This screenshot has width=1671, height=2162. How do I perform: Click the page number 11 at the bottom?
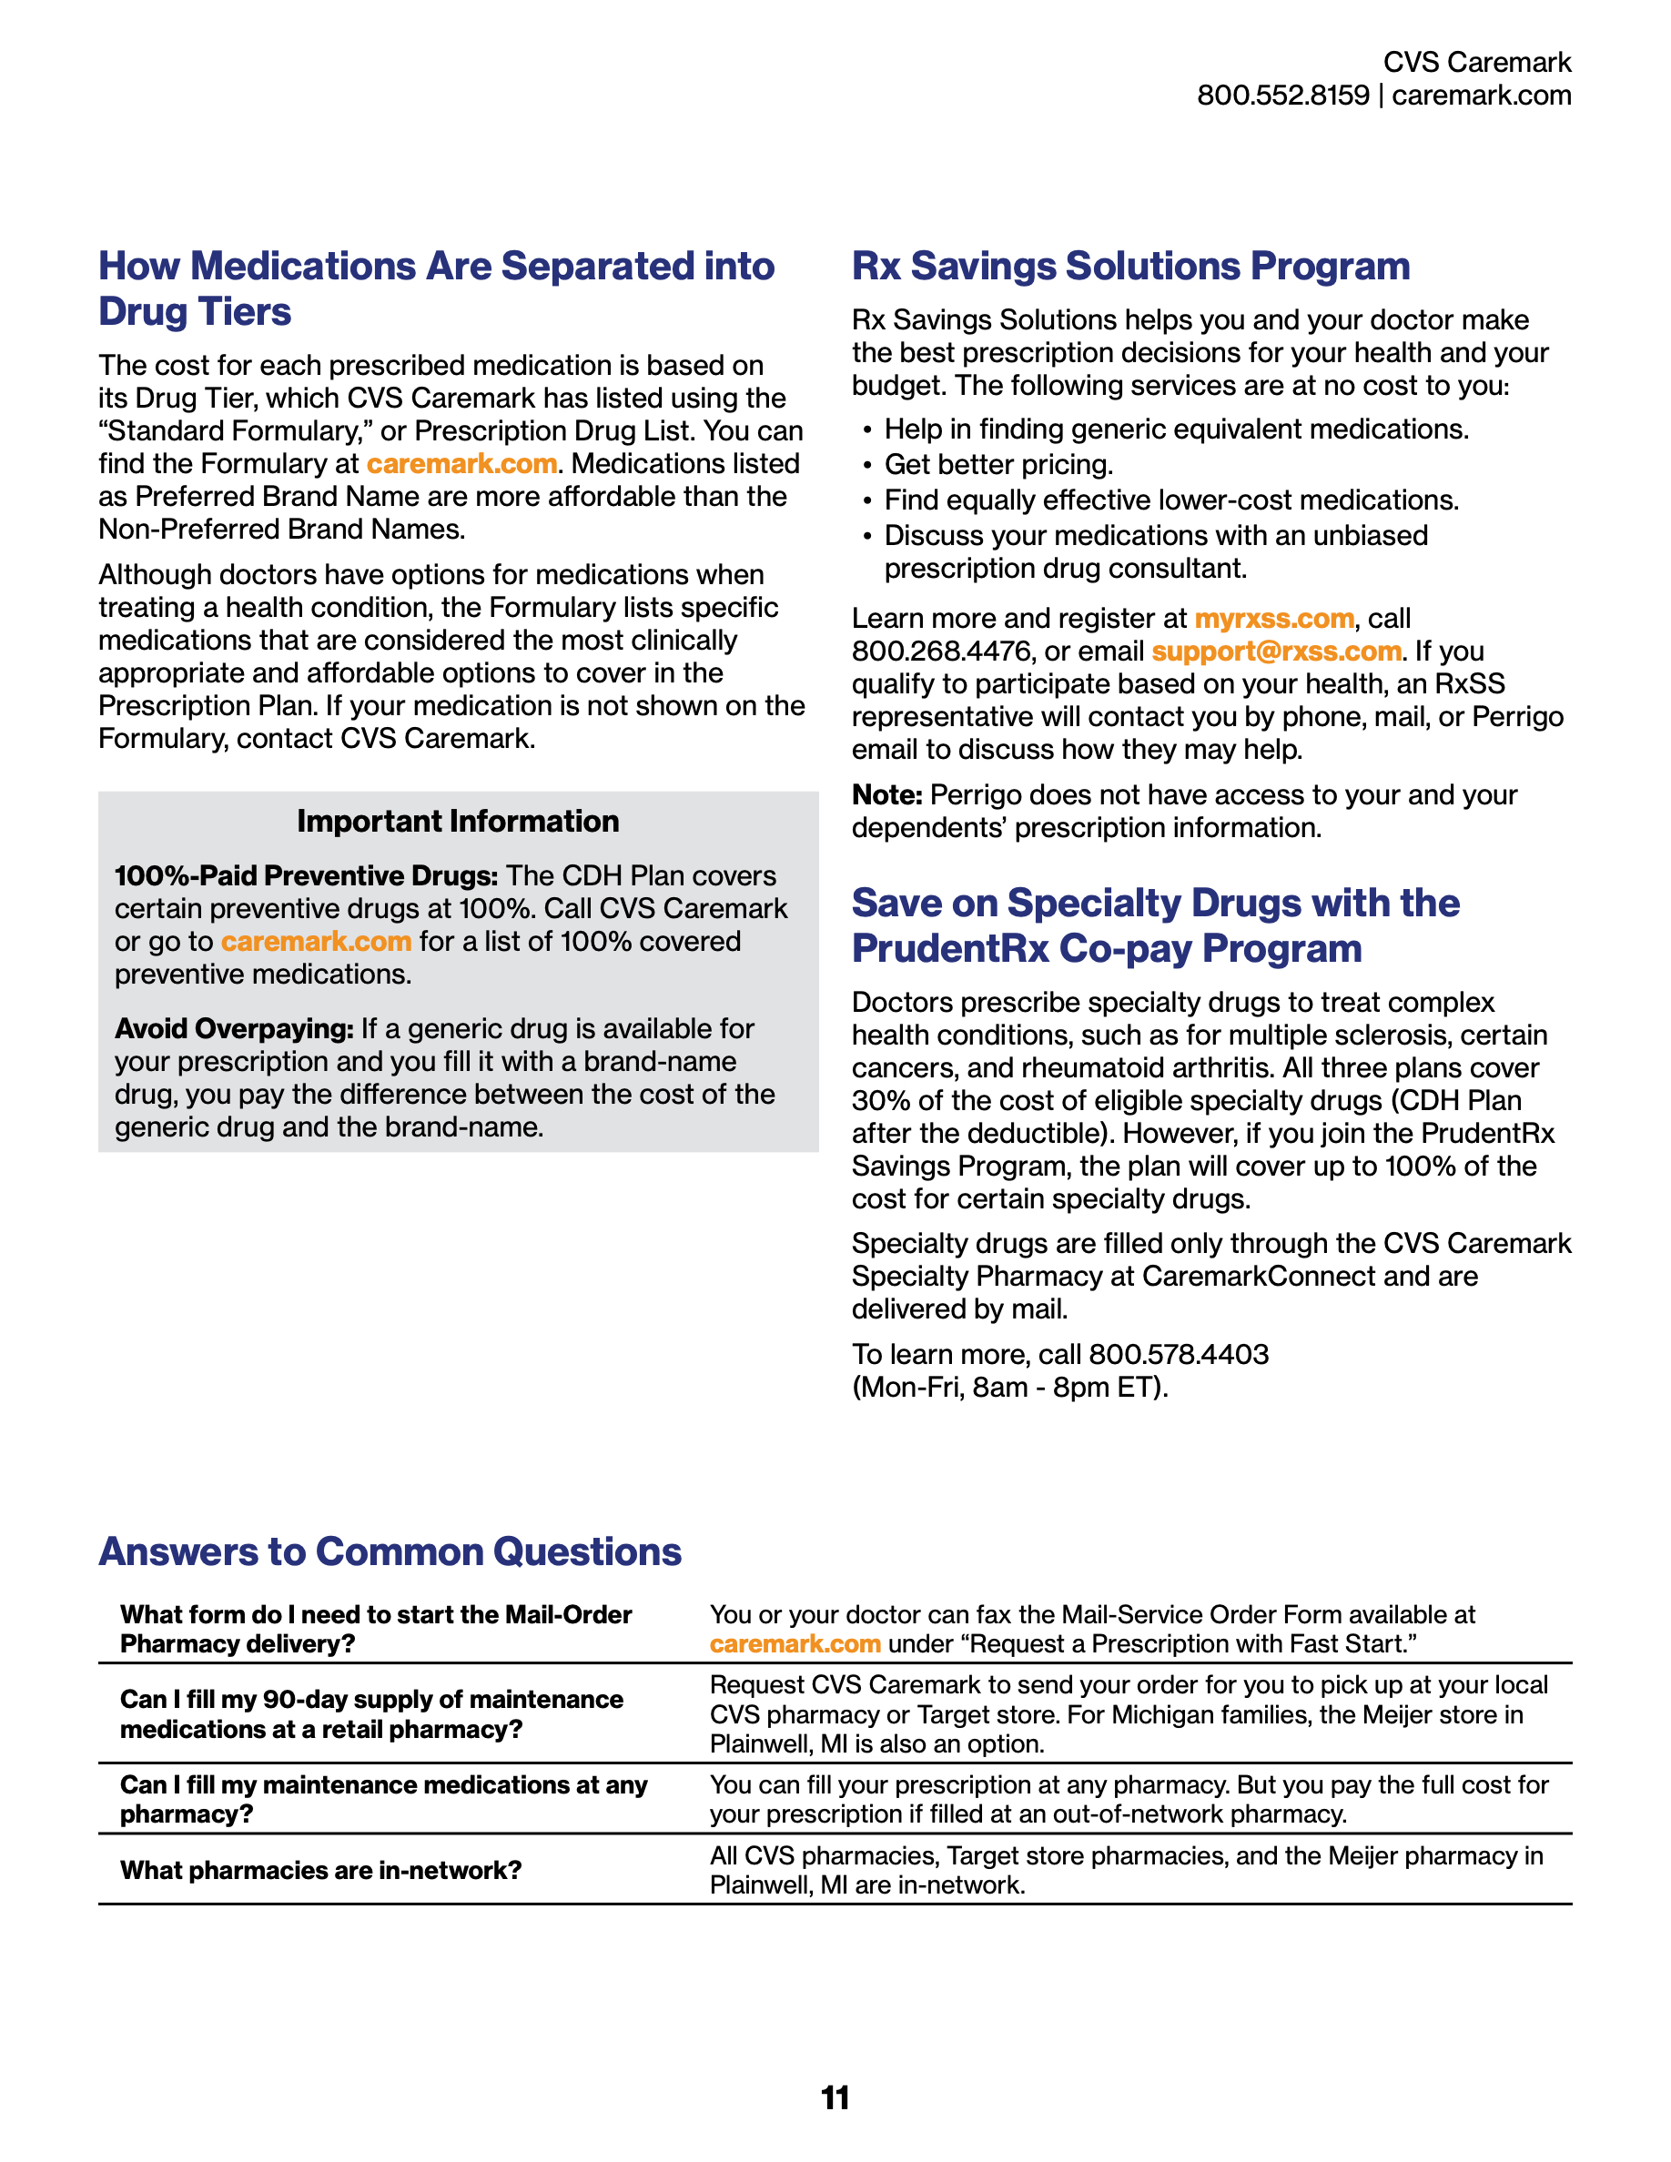[x=835, y=2097]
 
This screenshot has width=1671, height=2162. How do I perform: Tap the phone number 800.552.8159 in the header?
[x=1283, y=95]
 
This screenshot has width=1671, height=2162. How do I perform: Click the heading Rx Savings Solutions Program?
[x=1130, y=267]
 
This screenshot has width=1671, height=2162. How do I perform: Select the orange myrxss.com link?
[x=1273, y=619]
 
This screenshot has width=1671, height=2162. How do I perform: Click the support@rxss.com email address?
[x=1276, y=652]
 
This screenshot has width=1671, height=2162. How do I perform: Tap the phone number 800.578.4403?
[x=1178, y=1354]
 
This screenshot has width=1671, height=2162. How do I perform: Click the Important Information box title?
[x=458, y=822]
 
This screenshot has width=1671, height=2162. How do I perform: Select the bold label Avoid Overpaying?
[x=234, y=1029]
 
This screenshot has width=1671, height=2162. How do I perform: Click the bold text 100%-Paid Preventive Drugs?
[x=306, y=876]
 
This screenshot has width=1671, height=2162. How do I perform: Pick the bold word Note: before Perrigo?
[x=887, y=796]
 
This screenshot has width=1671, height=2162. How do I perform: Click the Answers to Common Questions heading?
[x=390, y=1552]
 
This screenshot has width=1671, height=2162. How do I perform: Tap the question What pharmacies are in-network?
[x=320, y=1870]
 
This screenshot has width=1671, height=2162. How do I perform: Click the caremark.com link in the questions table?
[x=795, y=1644]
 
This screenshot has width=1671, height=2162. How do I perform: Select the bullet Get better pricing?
[x=998, y=465]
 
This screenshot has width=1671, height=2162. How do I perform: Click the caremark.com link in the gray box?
[x=316, y=942]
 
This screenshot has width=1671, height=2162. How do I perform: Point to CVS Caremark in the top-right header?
[x=1476, y=63]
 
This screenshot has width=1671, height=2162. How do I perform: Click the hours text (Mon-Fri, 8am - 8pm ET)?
[x=1009, y=1387]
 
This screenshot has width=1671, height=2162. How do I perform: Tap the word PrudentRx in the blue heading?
[x=949, y=949]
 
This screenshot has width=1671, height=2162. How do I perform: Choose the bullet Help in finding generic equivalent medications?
[x=1176, y=429]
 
